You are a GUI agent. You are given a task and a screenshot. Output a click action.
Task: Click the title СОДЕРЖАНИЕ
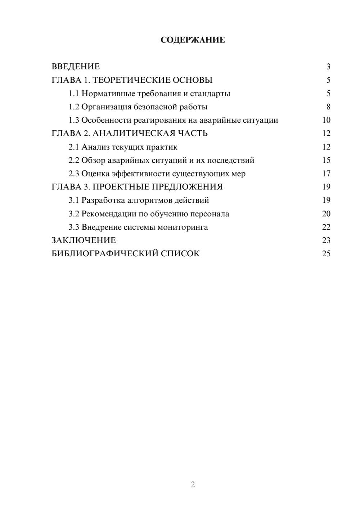(x=193, y=40)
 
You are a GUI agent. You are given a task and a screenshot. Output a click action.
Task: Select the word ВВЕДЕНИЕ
(x=76, y=67)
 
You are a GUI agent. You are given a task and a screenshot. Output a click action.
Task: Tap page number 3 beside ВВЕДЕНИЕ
(x=328, y=67)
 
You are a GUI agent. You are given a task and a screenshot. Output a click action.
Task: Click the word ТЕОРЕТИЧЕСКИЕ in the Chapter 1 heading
(x=131, y=80)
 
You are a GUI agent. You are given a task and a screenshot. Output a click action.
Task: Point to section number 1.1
(x=74, y=94)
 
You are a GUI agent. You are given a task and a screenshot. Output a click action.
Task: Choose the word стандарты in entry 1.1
(x=210, y=94)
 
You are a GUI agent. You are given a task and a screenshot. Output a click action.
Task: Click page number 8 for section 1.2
(x=328, y=107)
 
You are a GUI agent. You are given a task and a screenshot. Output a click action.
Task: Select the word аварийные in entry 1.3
(x=218, y=120)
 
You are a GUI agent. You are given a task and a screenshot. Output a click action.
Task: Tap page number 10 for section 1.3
(x=326, y=120)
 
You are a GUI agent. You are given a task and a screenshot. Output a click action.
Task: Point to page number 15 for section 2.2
(x=326, y=160)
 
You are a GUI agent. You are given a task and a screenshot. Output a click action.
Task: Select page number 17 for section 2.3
(x=326, y=174)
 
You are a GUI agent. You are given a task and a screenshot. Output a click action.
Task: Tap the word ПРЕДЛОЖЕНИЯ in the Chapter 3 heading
(x=187, y=187)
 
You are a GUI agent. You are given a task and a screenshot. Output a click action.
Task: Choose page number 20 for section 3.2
(x=326, y=214)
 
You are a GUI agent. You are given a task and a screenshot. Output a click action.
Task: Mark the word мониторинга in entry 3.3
(x=183, y=227)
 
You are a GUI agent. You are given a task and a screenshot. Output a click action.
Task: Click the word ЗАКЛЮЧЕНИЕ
(x=84, y=240)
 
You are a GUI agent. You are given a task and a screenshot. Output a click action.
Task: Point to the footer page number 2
(x=193, y=485)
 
